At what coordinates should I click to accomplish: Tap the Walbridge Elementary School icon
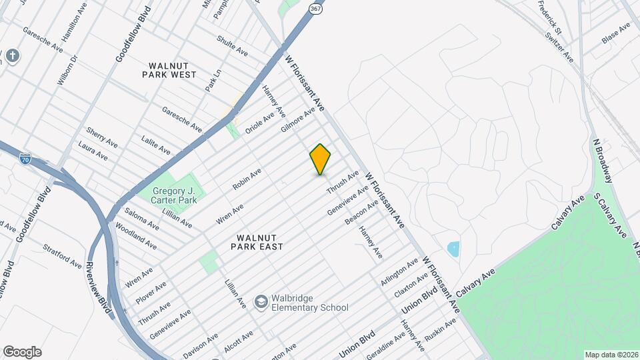261,303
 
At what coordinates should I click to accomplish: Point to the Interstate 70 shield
25,159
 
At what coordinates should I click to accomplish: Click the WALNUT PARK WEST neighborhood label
169,70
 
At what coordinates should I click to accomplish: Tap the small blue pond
454,250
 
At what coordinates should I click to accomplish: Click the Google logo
22,352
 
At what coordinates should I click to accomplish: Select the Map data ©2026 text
610,355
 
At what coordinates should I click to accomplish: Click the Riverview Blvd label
97,285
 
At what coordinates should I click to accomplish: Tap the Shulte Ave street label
232,46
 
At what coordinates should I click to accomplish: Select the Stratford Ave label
63,256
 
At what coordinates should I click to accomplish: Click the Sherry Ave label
102,137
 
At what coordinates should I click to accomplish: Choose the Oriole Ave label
260,122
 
